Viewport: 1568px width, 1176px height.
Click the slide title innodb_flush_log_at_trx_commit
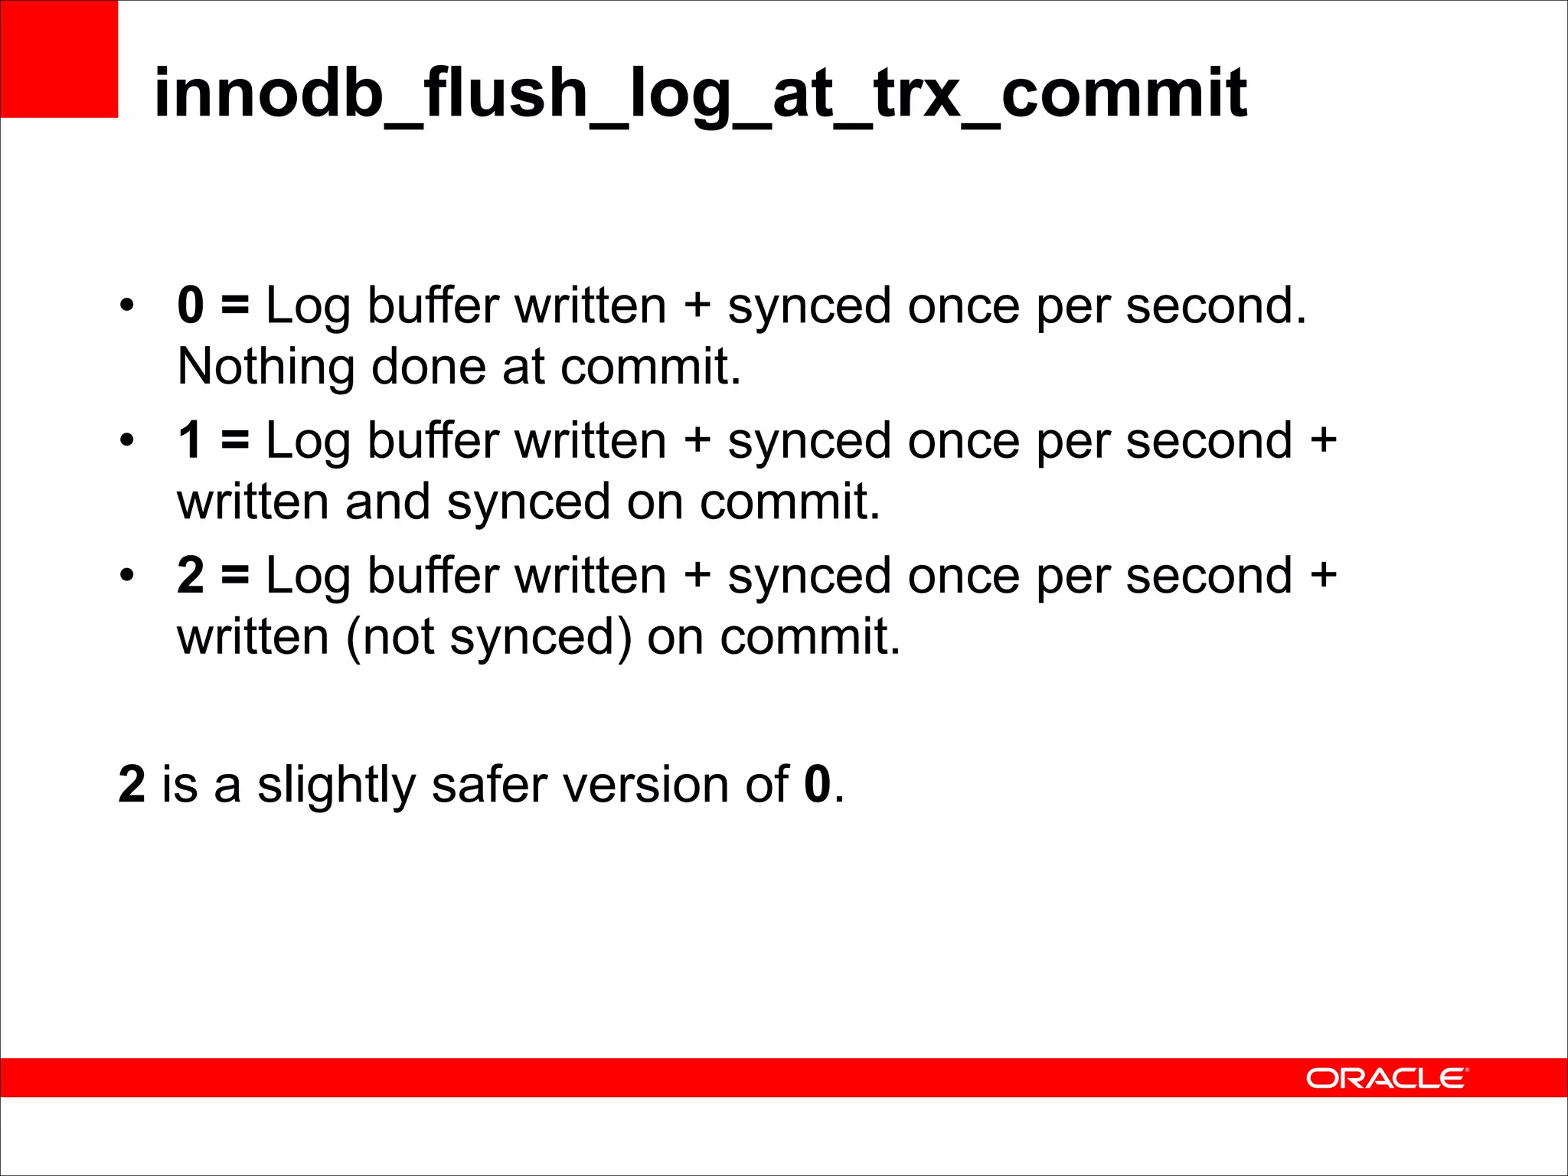pyautogui.click(x=700, y=93)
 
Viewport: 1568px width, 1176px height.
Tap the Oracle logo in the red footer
pyautogui.click(x=1387, y=1078)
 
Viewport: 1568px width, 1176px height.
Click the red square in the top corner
pyautogui.click(x=59, y=59)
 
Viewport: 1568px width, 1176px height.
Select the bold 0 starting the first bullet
pyautogui.click(x=191, y=305)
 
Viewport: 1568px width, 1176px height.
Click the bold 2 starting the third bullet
pyautogui.click(x=191, y=576)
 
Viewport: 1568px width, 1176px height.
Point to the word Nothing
pyautogui.click(x=266, y=367)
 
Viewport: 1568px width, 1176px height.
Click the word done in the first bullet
pyautogui.click(x=428, y=367)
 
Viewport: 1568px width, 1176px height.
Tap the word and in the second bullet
pyautogui.click(x=387, y=502)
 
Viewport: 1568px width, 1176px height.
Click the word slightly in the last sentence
pyautogui.click(x=336, y=785)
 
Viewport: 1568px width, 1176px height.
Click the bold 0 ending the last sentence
pyautogui.click(x=817, y=785)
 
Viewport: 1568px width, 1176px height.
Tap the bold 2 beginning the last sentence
pyautogui.click(x=132, y=785)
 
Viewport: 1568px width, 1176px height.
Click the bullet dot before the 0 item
pyautogui.click(x=126, y=306)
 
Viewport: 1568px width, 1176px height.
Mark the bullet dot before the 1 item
pyautogui.click(x=126, y=442)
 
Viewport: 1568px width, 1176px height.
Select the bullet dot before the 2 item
pyautogui.click(x=126, y=577)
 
